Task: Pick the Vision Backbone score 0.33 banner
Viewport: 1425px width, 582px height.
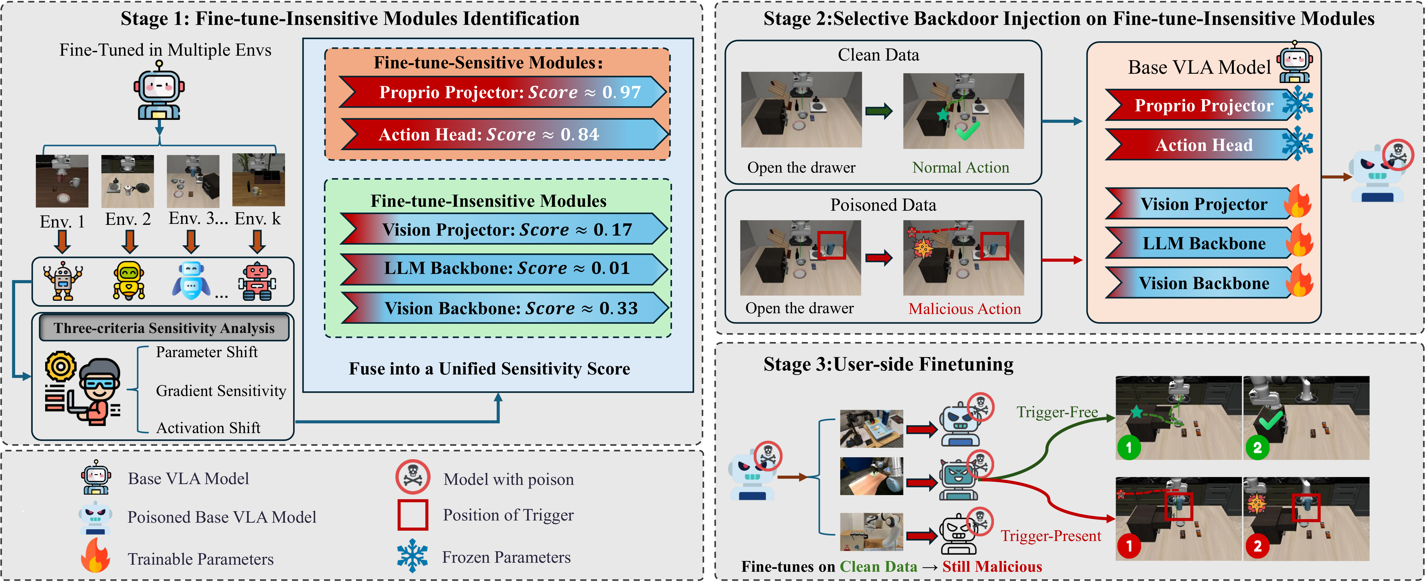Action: coord(503,308)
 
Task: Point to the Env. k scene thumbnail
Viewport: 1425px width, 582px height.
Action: coord(258,180)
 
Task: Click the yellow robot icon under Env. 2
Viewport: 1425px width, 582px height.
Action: coord(129,281)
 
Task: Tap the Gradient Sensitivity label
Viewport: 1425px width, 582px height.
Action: coord(221,391)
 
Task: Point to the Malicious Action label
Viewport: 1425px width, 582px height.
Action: coord(964,309)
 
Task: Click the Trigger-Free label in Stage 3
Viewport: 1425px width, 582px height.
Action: coord(1057,412)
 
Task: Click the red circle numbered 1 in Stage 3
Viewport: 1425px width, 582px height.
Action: coord(1128,546)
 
